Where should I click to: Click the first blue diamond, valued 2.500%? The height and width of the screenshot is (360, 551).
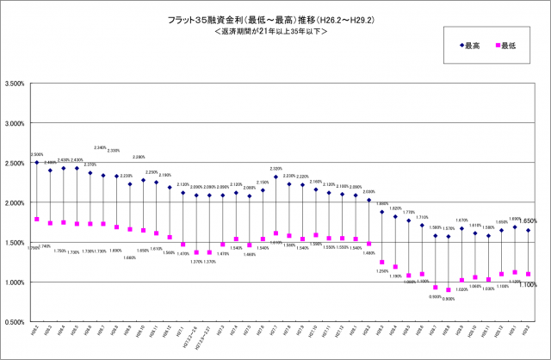coord(37,162)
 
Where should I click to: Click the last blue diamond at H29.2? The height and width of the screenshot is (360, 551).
coord(528,230)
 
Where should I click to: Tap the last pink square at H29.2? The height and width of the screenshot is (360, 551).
coord(528,274)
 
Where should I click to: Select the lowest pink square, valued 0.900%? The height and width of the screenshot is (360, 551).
coord(448,290)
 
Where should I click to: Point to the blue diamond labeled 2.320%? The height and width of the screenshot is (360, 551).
coord(275,177)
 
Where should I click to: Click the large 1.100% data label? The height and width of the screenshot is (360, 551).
coord(529,284)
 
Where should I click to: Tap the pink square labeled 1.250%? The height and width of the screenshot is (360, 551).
coord(381,262)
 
